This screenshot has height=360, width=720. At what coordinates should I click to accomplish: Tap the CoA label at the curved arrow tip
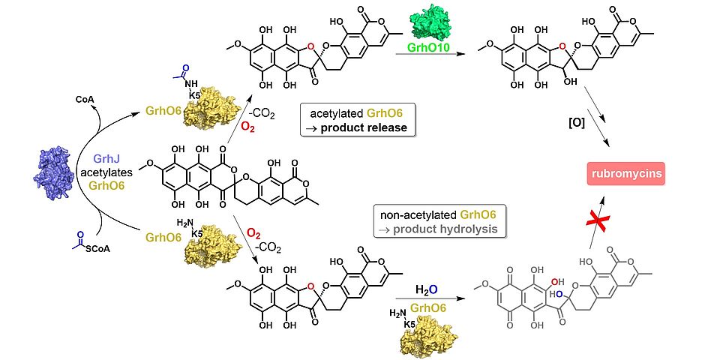pos(85,97)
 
